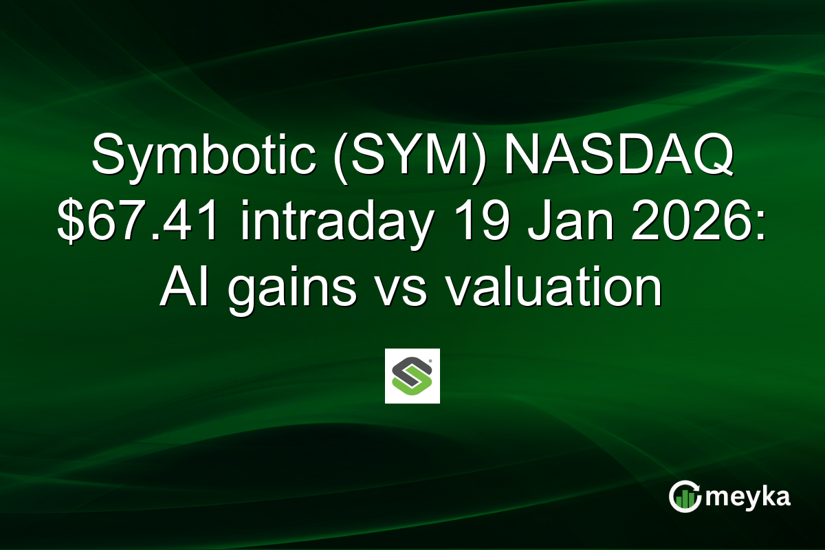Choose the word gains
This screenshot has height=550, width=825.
[x=291, y=289]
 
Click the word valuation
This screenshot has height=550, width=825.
[x=554, y=289]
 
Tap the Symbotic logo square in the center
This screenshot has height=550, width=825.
[x=412, y=376]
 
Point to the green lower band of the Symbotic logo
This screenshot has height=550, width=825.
[x=416, y=389]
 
